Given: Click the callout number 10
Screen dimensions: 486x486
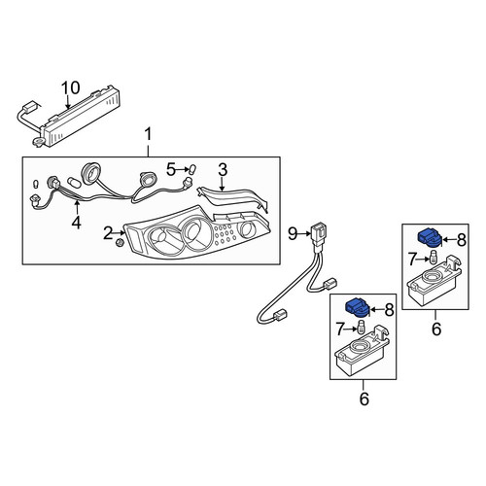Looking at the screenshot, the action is [x=71, y=87].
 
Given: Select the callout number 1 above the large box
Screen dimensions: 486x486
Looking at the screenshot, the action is [x=148, y=134].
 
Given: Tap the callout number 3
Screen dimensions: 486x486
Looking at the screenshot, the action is [x=223, y=169].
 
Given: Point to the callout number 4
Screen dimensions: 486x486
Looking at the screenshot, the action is [x=77, y=223].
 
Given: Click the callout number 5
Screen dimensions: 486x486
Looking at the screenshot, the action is [x=171, y=169].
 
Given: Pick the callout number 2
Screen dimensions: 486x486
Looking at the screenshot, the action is [x=108, y=233].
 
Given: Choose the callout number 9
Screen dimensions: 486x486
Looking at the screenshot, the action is [x=293, y=233].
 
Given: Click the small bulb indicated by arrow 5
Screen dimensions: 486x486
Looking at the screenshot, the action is [x=191, y=169].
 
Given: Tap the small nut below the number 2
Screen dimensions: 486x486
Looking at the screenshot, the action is [x=120, y=243].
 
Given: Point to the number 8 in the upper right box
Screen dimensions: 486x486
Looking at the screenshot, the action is [x=462, y=240].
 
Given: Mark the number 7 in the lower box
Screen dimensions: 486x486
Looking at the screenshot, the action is [x=339, y=330].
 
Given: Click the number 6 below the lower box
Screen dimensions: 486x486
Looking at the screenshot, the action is [x=364, y=399].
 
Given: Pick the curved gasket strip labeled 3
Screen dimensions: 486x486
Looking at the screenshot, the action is [x=232, y=197].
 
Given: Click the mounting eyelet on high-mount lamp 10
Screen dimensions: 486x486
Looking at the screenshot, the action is [x=38, y=141].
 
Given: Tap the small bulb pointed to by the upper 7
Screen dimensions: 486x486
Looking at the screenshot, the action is [x=433, y=259].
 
